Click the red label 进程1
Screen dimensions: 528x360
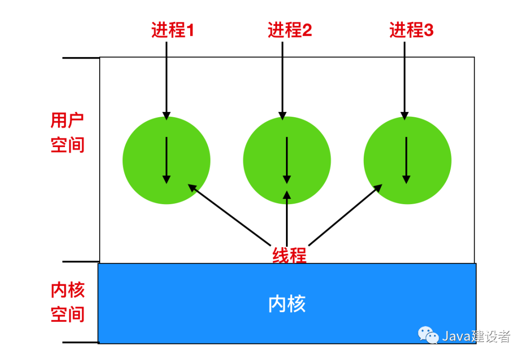coord(173,31)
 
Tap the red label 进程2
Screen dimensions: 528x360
coord(289,31)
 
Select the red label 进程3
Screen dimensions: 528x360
coord(411,31)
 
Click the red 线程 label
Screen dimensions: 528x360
coord(289,255)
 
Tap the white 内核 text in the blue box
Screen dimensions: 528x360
coord(287,304)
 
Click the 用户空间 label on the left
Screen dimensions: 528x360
coord(67,133)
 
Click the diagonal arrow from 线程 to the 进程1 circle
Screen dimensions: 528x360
coord(229,214)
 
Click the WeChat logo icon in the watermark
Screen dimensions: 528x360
coord(428,336)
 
